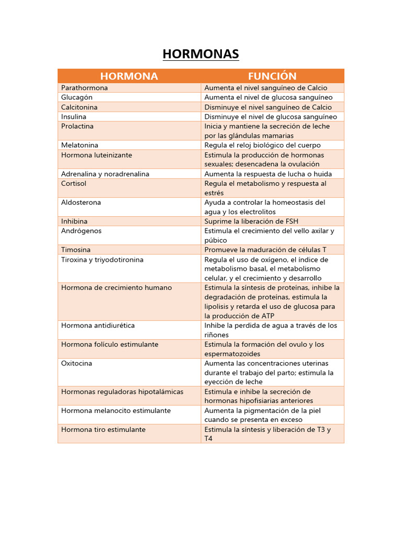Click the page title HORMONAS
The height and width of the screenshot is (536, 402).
tap(200, 54)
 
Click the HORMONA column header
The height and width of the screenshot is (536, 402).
tap(129, 76)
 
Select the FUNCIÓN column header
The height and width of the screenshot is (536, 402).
tap(272, 76)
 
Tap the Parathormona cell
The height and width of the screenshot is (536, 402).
tap(84, 88)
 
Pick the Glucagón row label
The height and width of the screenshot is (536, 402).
tap(77, 97)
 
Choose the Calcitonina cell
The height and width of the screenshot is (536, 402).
tap(79, 107)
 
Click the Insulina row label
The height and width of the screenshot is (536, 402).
tap(74, 117)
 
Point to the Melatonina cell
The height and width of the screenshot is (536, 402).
tap(80, 145)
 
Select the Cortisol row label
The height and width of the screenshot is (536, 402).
tap(74, 184)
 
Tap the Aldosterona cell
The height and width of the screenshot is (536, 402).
tap(81, 203)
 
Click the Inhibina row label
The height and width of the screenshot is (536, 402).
tap(74, 221)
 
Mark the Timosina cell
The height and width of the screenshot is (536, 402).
tap(76, 250)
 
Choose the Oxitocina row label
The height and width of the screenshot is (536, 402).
tap(76, 363)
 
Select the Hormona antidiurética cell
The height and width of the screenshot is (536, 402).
tap(98, 326)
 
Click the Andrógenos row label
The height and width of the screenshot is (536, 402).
tap(81, 231)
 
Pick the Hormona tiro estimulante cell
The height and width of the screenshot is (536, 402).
tap(103, 430)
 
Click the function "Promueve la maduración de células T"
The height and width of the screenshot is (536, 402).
tap(265, 250)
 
